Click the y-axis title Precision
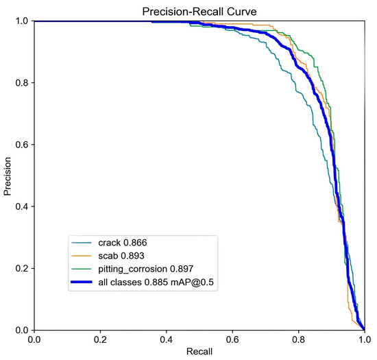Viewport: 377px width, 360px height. pos(8,176)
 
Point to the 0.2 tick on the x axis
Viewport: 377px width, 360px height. pos(100,339)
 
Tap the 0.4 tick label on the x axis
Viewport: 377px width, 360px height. pos(166,339)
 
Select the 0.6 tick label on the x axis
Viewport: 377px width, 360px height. pos(232,339)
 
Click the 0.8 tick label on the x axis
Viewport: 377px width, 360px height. pos(298,339)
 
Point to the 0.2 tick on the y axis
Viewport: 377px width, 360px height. pos(20,268)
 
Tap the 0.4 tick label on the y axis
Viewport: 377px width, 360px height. pos(20,206)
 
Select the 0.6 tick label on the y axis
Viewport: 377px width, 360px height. pos(20,145)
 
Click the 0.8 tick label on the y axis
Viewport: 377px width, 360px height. pos(20,83)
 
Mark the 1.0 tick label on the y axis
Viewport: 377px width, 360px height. pos(20,21)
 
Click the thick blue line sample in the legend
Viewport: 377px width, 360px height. pos(85,281)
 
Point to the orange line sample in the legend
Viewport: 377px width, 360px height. pos(85,255)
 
